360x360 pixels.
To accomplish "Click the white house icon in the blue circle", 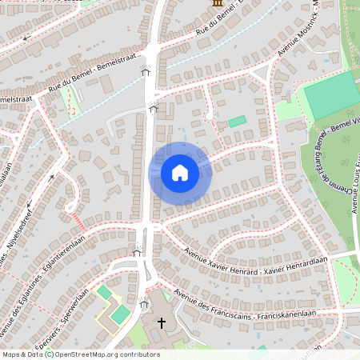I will pyautogui.click(x=180, y=172).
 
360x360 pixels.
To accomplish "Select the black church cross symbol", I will pyautogui.click(x=162, y=323).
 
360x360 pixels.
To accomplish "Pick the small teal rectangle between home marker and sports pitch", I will pyautogui.click(x=237, y=122).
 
